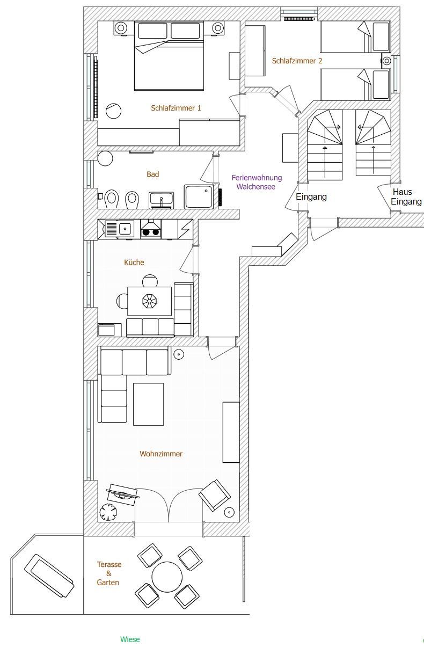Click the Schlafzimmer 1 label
point(176,108)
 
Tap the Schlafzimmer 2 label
point(297,61)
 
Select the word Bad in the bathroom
point(153,174)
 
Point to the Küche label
point(134,263)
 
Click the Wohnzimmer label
point(161,454)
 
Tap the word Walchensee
point(255,187)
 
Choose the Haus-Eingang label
point(406,196)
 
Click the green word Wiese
point(130,639)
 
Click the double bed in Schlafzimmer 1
point(169,55)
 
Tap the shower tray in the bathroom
point(199,196)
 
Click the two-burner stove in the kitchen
point(151,229)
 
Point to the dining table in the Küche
point(150,301)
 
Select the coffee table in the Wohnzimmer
point(148,404)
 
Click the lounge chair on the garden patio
point(49,577)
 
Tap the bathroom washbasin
point(162,200)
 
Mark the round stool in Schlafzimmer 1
point(113,111)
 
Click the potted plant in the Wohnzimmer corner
point(108,512)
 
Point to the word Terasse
point(109,564)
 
